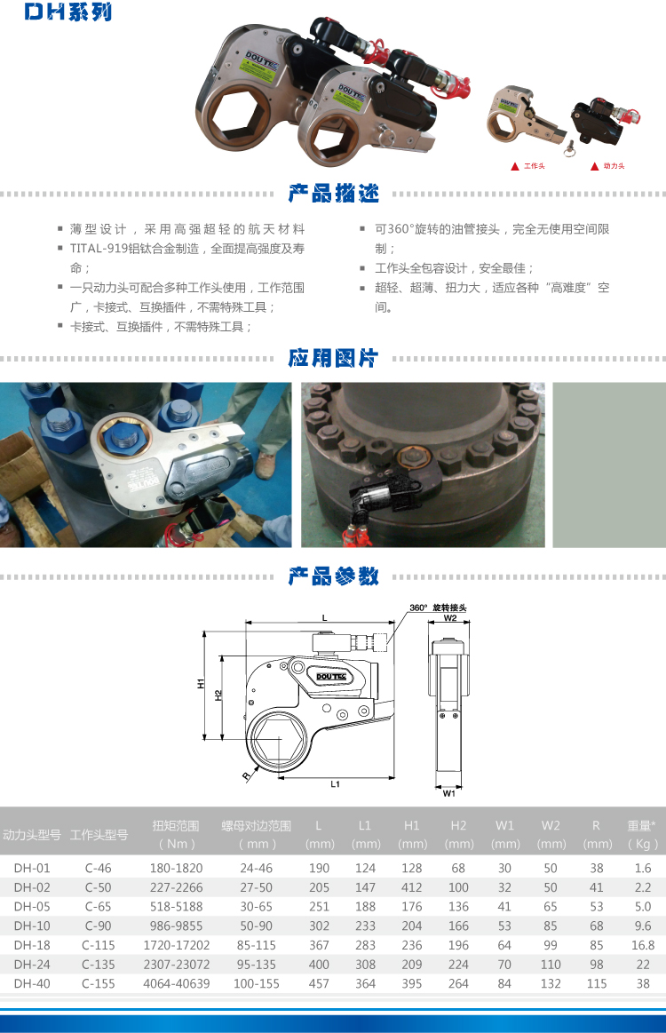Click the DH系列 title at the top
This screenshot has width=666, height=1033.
tap(68, 12)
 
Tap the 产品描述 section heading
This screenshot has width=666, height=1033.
tap(333, 194)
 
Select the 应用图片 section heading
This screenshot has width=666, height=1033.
tap(333, 358)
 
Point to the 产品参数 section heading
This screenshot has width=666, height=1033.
tap(333, 576)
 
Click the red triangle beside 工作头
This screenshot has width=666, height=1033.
tap(515, 167)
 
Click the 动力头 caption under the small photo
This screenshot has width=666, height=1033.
tap(614, 166)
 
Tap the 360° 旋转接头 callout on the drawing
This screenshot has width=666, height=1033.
tap(438, 608)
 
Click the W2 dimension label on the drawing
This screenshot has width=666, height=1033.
tap(450, 618)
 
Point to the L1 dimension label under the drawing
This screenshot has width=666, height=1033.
tap(336, 784)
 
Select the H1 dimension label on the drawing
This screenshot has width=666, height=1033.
tap(201, 683)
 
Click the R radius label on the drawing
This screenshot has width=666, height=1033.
tap(246, 776)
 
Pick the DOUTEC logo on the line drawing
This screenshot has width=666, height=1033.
tap(331, 677)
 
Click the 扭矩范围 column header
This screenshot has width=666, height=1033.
tap(176, 826)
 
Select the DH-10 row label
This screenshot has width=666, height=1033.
tap(32, 926)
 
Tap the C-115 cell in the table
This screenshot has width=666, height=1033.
tap(99, 945)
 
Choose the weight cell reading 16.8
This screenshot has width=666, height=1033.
tap(642, 945)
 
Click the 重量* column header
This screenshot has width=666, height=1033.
tap(642, 825)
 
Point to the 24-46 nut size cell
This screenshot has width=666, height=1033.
tap(257, 869)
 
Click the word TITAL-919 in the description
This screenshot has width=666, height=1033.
tap(99, 249)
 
